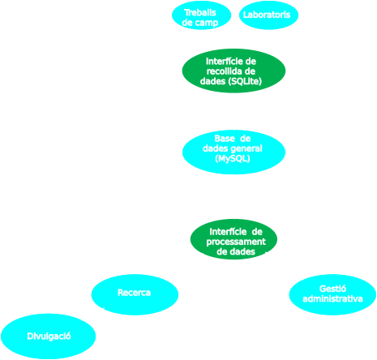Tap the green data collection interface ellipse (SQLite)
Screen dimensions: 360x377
233,71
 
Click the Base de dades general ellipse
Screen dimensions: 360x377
233,151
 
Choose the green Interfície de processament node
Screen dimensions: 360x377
233,239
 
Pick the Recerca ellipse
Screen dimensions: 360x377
135,294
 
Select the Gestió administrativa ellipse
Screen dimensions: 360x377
332,294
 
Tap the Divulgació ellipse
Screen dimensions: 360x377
49,336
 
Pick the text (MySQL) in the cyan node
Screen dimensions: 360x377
233,160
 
